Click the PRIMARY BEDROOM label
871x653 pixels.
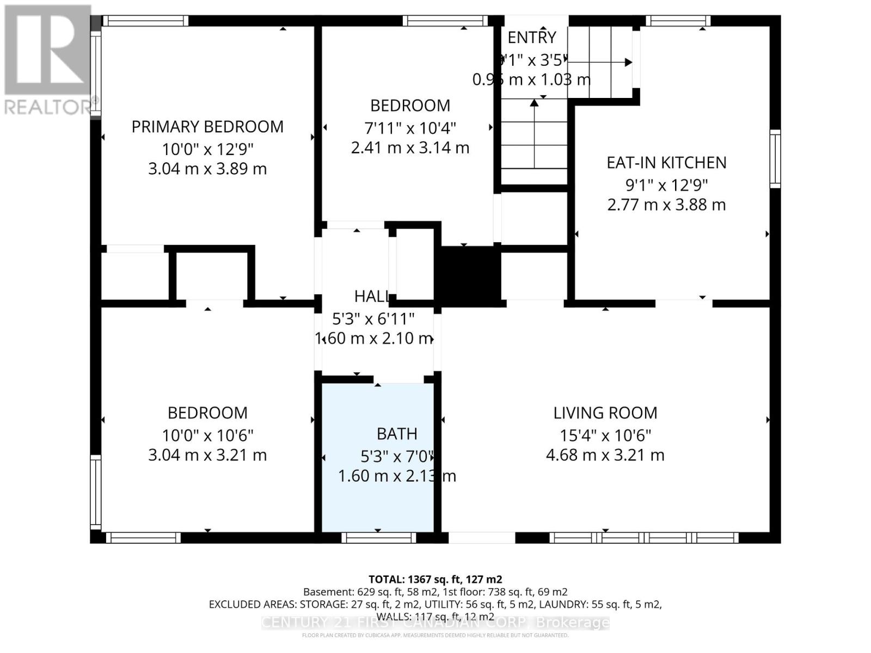207,127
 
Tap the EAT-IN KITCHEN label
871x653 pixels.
666,163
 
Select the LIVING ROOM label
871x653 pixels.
605,413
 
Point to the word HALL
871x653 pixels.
371,297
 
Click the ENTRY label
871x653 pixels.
532,38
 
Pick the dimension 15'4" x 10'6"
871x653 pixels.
605,435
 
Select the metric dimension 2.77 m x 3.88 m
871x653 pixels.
666,205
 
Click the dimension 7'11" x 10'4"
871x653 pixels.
410,128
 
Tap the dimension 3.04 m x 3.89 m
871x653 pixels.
207,169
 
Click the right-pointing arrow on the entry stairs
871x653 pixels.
628,63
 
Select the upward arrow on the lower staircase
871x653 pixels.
535,102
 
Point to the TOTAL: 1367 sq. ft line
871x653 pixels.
435,580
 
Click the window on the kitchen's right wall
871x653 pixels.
775,159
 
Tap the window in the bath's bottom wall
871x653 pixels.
379,538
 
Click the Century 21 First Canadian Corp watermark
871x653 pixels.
435,623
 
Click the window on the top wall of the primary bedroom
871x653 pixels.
145,21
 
